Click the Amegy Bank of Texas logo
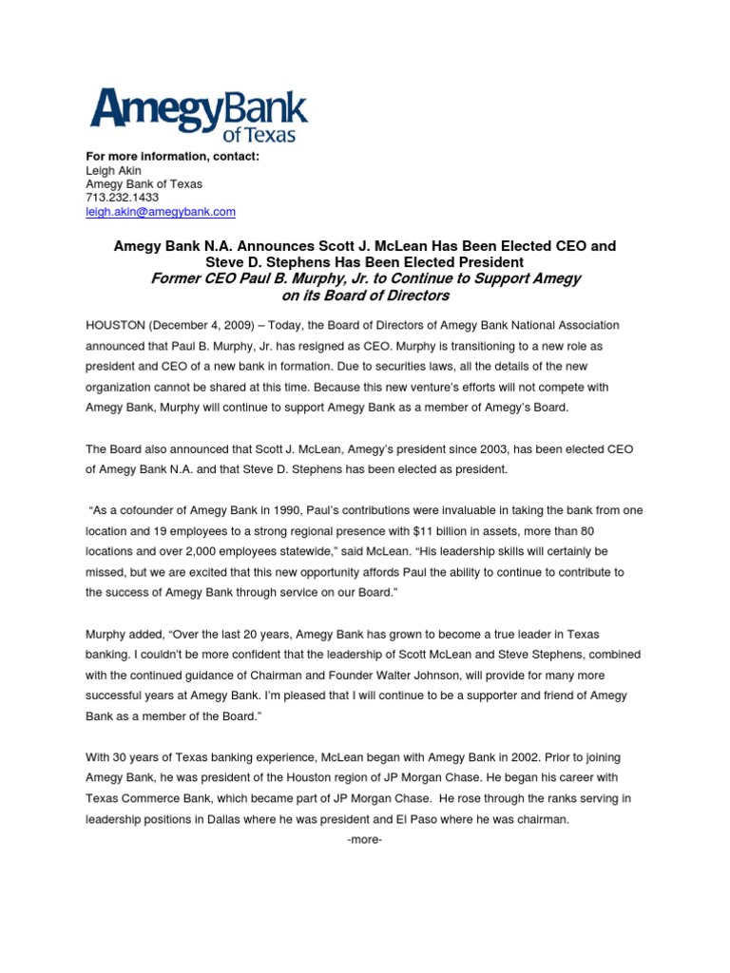tap(198, 114)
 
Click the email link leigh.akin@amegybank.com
tap(161, 212)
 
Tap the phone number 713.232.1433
tap(122, 198)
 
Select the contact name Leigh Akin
tap(112, 170)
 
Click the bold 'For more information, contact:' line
tap(173, 156)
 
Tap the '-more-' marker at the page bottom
tap(365, 839)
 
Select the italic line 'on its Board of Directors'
tap(365, 296)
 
